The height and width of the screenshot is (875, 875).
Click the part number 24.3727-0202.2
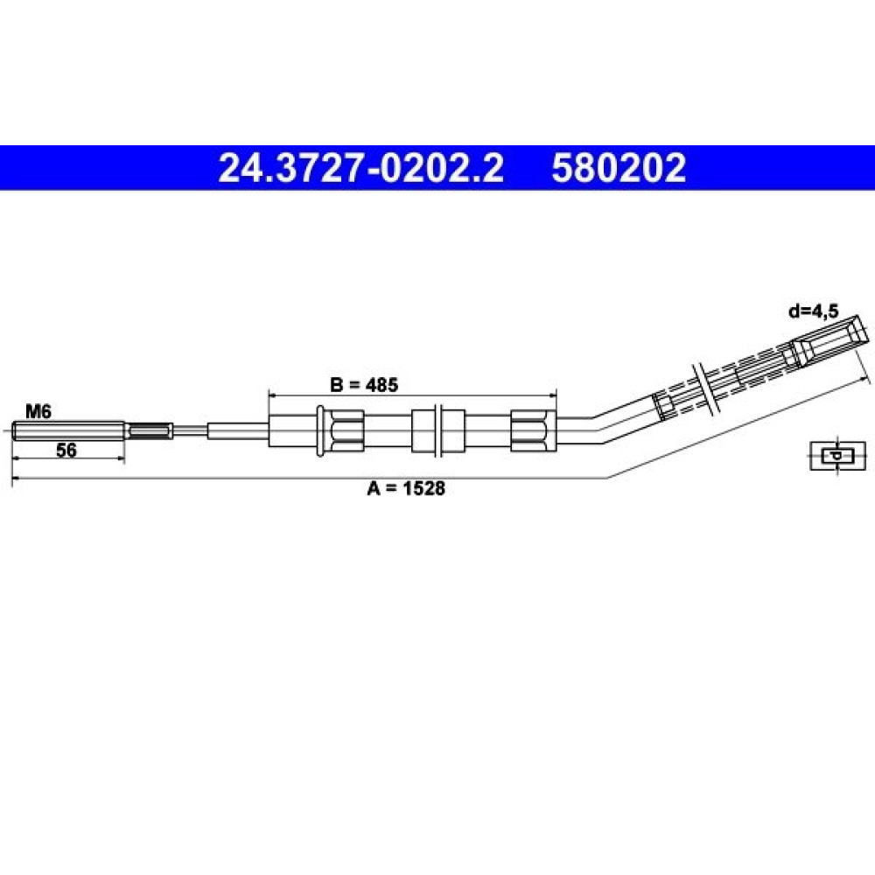click(360, 168)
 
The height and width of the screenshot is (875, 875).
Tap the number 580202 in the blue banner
click(619, 168)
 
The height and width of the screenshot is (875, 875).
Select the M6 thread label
click(38, 412)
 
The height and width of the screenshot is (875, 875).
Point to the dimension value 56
click(66, 450)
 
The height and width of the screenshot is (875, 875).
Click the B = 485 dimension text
click(364, 384)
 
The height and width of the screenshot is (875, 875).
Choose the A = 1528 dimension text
click(406, 488)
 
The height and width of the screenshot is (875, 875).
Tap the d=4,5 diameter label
click(814, 311)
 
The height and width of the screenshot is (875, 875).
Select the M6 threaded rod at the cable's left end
click(68, 430)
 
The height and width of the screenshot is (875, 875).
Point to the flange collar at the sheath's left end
click(320, 430)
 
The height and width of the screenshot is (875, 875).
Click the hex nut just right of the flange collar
click(346, 430)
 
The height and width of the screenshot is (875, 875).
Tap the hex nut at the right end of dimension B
click(534, 430)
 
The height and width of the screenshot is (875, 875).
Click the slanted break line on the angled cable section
click(704, 388)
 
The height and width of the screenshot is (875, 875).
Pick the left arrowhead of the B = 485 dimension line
click(273, 395)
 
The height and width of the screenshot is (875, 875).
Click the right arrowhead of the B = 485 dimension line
click(552, 395)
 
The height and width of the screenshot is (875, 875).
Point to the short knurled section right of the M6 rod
click(149, 430)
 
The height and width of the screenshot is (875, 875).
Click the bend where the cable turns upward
click(597, 429)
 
